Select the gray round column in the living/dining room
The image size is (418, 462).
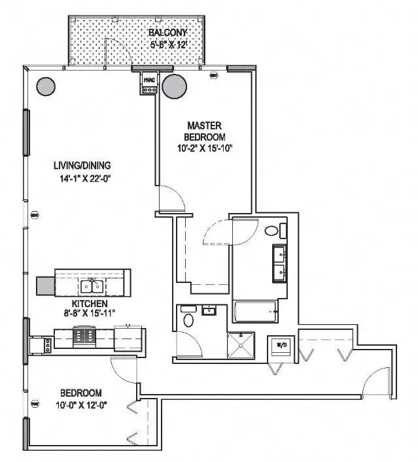[45, 86]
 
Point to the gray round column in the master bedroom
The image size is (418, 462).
[175, 86]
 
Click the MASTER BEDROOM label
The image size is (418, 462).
[206, 131]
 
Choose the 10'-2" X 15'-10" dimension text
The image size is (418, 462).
[206, 148]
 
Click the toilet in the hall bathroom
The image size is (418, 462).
[189, 320]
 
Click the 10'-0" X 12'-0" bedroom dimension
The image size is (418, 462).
[80, 404]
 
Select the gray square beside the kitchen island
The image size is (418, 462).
[45, 286]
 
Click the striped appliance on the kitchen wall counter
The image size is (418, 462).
[83, 335]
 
